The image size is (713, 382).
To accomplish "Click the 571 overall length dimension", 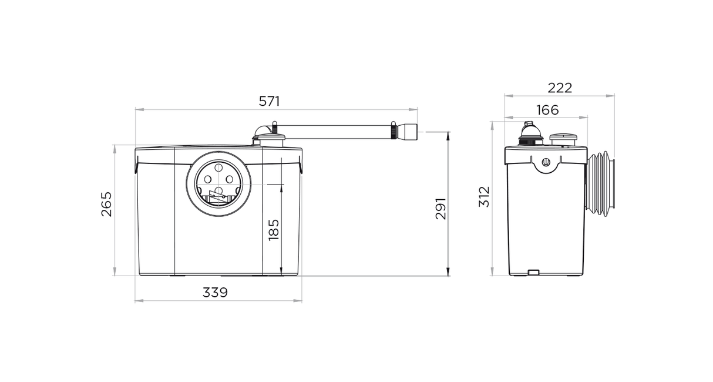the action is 270,101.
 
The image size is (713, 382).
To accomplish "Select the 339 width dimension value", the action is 215,292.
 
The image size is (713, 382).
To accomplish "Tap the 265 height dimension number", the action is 107,204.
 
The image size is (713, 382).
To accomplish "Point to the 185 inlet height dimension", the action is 274,230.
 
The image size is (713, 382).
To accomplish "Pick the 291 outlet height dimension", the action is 441,209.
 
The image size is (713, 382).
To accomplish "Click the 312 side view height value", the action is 484,196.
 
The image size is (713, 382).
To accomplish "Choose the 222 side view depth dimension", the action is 560,88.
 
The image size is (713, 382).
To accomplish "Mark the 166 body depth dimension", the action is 547,110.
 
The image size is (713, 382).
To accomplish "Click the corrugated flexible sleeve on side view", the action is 600,185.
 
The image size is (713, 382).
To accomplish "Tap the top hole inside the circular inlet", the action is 218,167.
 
